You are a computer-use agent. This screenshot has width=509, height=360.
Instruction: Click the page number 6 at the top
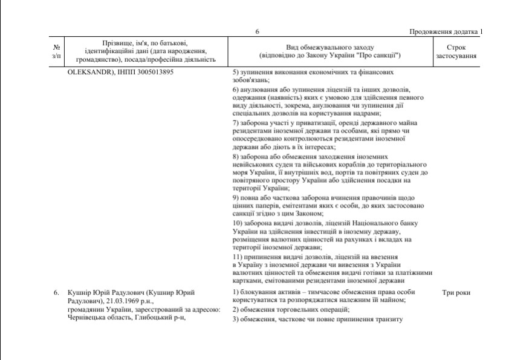click(x=257, y=32)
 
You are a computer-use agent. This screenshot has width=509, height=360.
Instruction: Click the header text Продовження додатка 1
click(x=446, y=32)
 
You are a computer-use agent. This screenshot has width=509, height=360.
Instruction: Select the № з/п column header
click(x=56, y=51)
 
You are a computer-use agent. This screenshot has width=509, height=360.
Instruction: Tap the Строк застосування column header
click(x=456, y=51)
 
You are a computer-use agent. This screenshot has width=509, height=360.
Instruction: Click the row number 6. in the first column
click(x=56, y=293)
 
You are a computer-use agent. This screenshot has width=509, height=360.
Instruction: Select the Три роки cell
click(x=456, y=293)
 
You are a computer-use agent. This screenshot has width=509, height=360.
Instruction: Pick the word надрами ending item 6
click(x=366, y=114)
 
